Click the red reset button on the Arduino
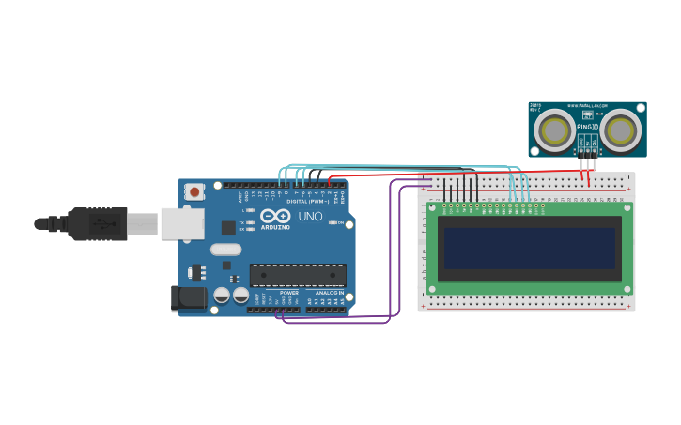coord(194,191)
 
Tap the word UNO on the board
coord(310,217)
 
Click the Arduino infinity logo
coord(275,216)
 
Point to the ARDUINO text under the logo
coord(275,227)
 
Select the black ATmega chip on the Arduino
coord(297,275)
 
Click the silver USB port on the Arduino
coord(182,223)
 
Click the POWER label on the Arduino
coord(289,293)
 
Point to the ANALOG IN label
coord(329,293)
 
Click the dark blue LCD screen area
coord(530,249)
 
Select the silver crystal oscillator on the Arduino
coord(225,250)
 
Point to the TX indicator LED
coord(249,222)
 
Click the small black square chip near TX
coord(228,227)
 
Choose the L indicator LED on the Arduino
coord(249,210)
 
